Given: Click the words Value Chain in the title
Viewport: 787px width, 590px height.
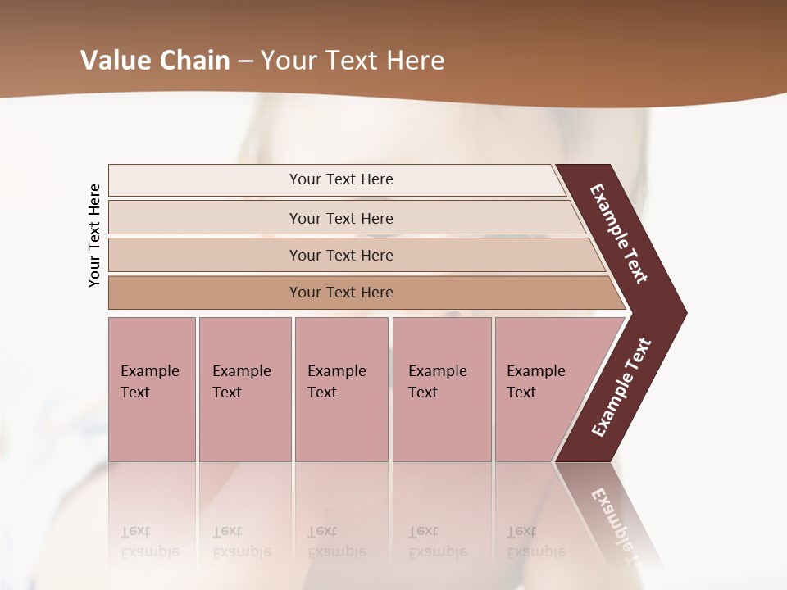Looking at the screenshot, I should (x=155, y=61).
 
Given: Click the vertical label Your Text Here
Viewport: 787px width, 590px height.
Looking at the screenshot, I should (x=94, y=235).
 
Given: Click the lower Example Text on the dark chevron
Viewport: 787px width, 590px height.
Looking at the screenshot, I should (x=621, y=387).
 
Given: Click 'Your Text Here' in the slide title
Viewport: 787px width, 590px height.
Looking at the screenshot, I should (x=353, y=61).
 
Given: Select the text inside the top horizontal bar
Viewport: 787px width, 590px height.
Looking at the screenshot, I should (x=341, y=179).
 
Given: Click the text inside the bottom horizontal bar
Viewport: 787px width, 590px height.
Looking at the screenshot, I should (x=341, y=293).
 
